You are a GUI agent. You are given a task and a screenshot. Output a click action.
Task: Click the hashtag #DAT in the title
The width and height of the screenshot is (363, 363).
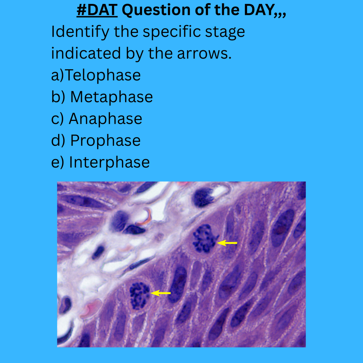[x=97, y=11]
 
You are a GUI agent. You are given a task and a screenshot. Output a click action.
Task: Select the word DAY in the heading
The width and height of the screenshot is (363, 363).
[x=262, y=11]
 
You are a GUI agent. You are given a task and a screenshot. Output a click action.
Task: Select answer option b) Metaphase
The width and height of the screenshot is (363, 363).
[x=102, y=97]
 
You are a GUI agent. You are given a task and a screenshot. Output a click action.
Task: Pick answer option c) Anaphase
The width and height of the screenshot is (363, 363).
[x=96, y=118]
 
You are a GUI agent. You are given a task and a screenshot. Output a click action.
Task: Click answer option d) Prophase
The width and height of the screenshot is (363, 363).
[x=96, y=140]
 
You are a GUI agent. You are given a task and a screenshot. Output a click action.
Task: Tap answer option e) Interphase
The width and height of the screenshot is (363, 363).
[x=100, y=162]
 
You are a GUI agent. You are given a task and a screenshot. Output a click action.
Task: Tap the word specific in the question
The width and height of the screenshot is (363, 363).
[x=172, y=32]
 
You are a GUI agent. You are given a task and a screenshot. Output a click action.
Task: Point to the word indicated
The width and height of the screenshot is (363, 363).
[x=85, y=54]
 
